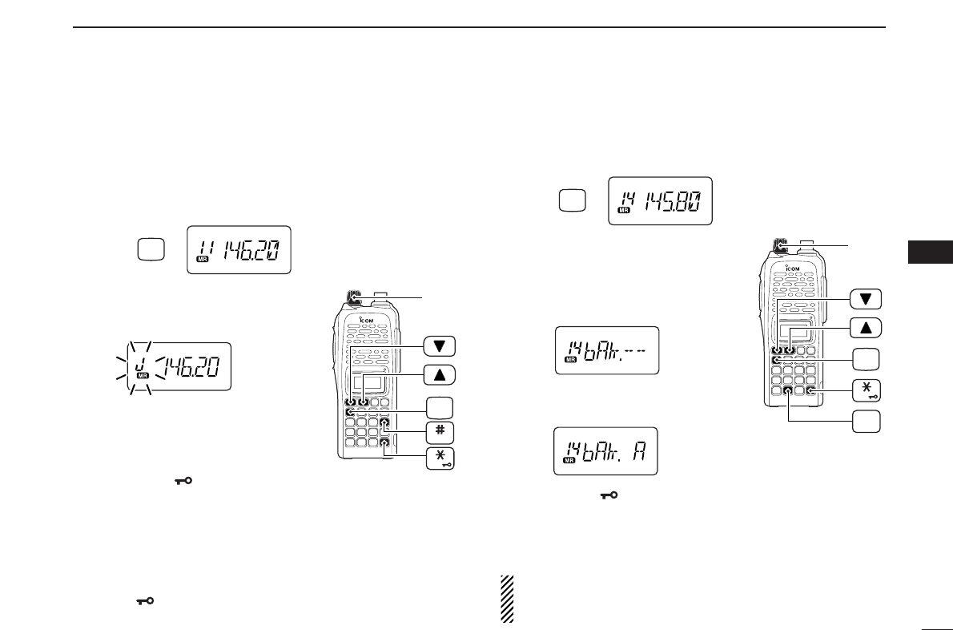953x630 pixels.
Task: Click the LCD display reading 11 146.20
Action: pyautogui.click(x=239, y=250)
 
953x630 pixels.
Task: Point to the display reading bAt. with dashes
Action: pyautogui.click(x=607, y=350)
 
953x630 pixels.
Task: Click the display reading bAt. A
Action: pyautogui.click(x=606, y=451)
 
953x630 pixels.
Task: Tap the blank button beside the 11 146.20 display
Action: pyautogui.click(x=151, y=250)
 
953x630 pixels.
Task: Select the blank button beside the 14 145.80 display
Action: pyautogui.click(x=572, y=200)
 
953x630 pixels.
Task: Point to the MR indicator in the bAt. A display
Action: pyautogui.click(x=570, y=461)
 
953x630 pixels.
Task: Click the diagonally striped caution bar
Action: pyautogui.click(x=506, y=599)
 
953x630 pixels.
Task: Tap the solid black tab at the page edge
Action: pyautogui.click(x=930, y=251)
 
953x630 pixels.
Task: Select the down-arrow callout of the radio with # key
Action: pyautogui.click(x=440, y=346)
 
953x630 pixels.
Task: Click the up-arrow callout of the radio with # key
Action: pyautogui.click(x=440, y=374)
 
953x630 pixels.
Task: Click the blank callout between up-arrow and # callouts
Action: pyautogui.click(x=440, y=404)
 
